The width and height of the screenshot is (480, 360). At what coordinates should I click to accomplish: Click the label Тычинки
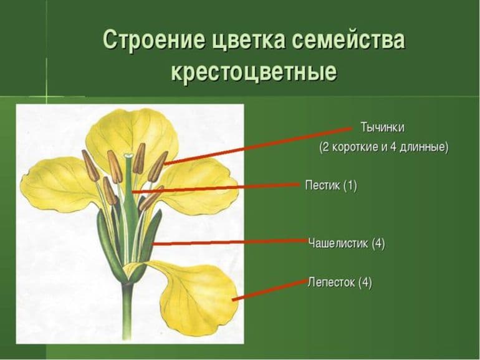382,127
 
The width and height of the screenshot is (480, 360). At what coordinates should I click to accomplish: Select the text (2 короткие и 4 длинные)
383,148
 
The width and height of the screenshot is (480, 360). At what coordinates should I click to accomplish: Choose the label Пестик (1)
331,185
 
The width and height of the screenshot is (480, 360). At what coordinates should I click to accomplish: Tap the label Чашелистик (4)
347,243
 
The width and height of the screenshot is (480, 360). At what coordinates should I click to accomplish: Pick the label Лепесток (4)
340,282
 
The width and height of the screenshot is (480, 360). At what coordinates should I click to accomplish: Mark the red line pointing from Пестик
224,187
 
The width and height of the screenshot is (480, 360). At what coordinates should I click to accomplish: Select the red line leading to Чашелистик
231,243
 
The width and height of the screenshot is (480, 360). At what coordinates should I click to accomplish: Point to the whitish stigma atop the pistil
128,155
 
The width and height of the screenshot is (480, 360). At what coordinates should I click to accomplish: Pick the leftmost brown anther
90,165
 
